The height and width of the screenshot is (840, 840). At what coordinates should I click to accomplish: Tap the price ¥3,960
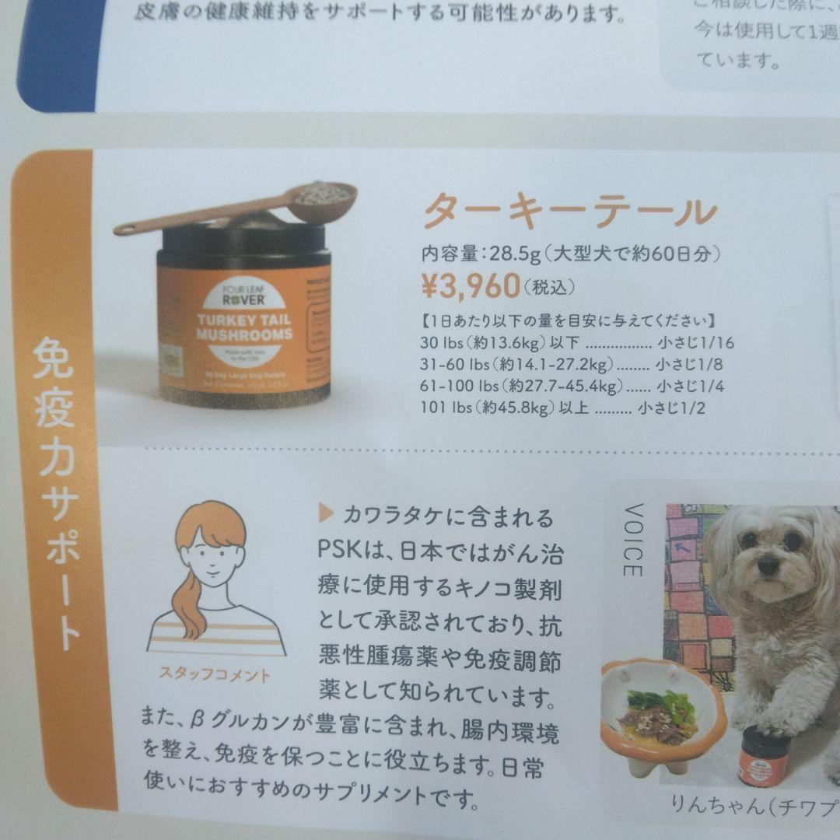(x=471, y=286)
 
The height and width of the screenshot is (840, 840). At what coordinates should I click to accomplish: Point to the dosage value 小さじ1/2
(x=670, y=408)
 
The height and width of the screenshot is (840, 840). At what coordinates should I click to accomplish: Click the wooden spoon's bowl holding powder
(x=327, y=194)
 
